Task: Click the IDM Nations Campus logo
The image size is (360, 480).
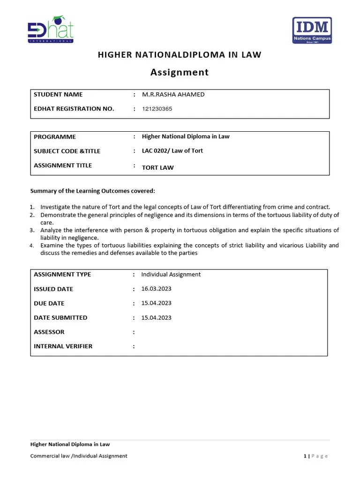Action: point(312,30)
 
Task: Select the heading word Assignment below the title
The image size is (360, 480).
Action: point(179,72)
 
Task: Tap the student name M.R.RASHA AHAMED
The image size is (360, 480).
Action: point(173,95)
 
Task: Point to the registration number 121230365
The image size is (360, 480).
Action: point(157,109)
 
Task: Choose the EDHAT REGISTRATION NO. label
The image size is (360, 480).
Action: point(74,109)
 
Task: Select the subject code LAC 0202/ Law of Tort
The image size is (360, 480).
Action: point(172,151)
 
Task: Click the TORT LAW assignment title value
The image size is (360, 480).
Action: point(157,167)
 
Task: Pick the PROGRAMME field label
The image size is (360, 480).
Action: point(55,137)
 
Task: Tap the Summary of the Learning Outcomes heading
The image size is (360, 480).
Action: point(92,191)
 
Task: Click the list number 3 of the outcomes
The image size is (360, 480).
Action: point(32,230)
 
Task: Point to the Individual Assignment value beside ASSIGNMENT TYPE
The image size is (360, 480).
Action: point(171,275)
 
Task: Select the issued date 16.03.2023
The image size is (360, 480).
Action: point(156,289)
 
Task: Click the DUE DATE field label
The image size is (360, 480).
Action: point(49,303)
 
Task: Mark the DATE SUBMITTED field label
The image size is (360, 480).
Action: point(60,318)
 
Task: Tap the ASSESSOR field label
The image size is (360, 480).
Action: point(49,332)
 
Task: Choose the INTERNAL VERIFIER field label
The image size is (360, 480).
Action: point(63,346)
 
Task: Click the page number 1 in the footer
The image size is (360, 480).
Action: point(305,456)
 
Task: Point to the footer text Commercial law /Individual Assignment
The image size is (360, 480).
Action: point(79,456)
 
